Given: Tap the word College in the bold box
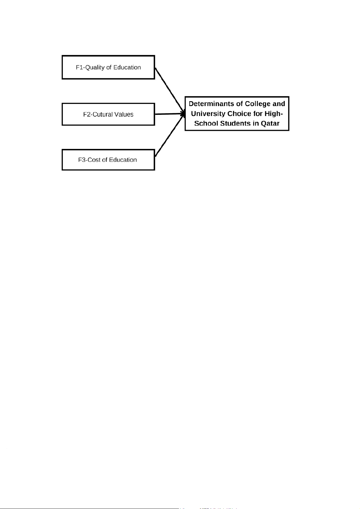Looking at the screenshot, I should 258,104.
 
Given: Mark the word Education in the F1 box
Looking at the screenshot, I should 127,67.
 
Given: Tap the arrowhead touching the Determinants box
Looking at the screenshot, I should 183,114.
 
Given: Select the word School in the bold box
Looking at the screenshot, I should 206,124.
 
